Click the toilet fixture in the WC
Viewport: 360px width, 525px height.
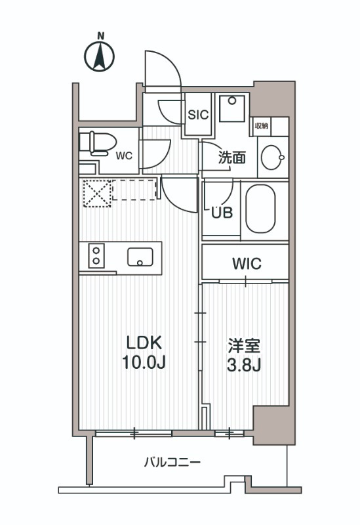tap(96, 143)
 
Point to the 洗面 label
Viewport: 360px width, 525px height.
tap(231, 157)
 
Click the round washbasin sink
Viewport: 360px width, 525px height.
tap(272, 157)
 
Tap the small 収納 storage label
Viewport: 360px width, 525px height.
tap(261, 125)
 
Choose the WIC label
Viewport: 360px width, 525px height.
tap(247, 264)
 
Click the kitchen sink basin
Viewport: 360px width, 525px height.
tap(140, 257)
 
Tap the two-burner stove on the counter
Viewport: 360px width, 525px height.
tap(96, 255)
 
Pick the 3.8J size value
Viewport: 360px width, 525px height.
tap(244, 365)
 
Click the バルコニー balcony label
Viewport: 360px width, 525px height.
tap(172, 463)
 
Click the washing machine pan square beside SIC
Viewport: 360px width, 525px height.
tap(231, 108)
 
